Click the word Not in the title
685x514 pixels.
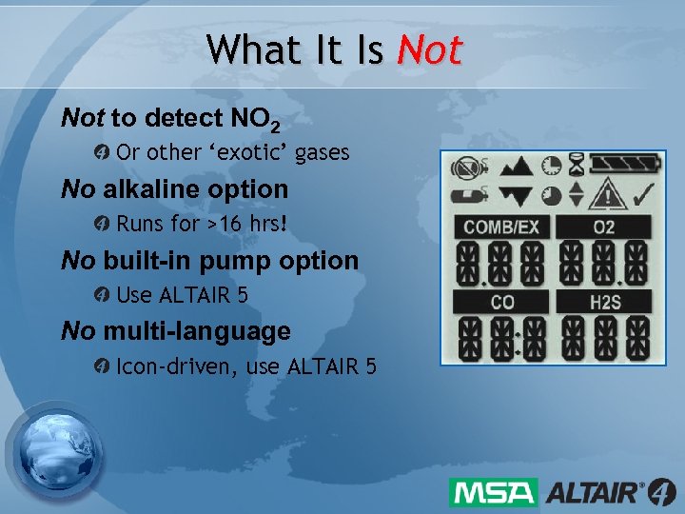[x=429, y=49]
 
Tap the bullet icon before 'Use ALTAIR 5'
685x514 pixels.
[x=103, y=295]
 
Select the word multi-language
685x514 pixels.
[x=197, y=331]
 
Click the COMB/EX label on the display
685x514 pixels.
[x=500, y=227]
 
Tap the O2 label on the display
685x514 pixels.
[x=603, y=227]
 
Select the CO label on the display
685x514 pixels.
[x=500, y=303]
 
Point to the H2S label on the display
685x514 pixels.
[x=603, y=303]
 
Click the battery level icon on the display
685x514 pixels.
[x=617, y=164]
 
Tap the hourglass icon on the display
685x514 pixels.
[x=577, y=166]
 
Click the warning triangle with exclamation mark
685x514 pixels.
[x=605, y=195]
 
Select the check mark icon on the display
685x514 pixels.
[x=641, y=195]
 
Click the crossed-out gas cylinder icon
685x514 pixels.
[x=465, y=168]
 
